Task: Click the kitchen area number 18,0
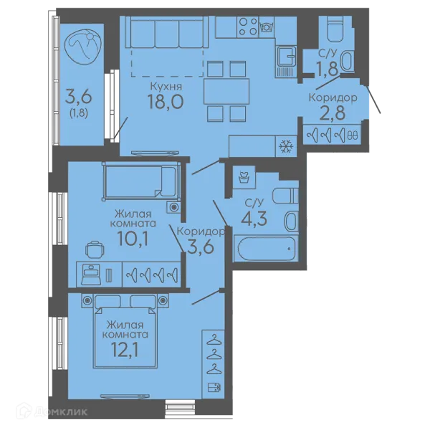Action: [166, 101]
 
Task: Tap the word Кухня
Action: [166, 87]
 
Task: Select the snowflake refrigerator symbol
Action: [286, 146]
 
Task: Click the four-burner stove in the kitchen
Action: [248, 27]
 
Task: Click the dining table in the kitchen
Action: [226, 91]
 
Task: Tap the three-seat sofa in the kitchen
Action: [166, 32]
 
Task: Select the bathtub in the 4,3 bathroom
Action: [267, 248]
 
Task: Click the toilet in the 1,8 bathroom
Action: [335, 29]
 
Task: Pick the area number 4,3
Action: [254, 219]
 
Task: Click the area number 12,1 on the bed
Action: [125, 350]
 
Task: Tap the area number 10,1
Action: [133, 238]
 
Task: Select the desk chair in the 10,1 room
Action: [95, 250]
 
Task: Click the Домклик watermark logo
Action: [52, 411]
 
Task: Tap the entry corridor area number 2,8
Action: [333, 113]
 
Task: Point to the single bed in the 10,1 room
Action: [142, 181]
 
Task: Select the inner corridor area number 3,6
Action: [200, 247]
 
